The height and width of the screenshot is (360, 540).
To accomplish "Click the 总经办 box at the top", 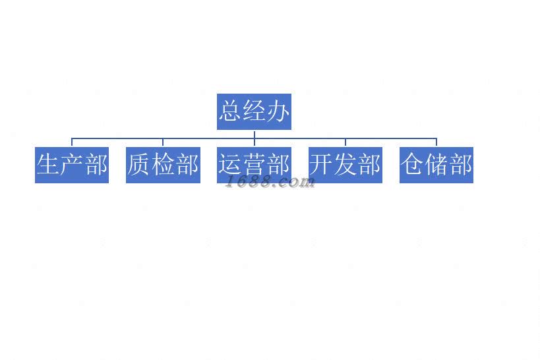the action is [x=254, y=111].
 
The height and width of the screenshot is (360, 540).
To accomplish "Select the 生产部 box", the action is [x=71, y=164].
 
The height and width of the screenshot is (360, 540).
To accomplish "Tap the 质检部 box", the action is [x=163, y=164].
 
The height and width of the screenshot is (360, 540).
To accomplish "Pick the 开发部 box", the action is [x=345, y=164].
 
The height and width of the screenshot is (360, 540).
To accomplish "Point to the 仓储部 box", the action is [x=436, y=164].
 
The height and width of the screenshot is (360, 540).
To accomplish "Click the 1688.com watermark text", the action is [x=270, y=183].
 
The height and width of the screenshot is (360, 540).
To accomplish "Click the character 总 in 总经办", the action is [x=230, y=111].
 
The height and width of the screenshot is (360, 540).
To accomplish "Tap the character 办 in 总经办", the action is [x=278, y=111].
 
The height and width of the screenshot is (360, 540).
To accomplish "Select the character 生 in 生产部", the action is [x=48, y=164].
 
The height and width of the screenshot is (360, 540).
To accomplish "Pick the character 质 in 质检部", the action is [x=139, y=164].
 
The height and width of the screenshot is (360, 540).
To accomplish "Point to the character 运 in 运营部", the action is [x=230, y=164].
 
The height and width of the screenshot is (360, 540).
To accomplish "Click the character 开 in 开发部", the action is [x=321, y=164].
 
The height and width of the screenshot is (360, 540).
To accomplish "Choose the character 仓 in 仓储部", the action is [x=413, y=164].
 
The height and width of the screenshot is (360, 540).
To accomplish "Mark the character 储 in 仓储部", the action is [x=436, y=164].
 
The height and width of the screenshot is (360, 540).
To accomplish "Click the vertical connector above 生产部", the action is [x=72, y=142].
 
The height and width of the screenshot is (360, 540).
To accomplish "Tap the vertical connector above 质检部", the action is [x=163, y=142].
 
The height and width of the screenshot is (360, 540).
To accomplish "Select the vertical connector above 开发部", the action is [x=345, y=142].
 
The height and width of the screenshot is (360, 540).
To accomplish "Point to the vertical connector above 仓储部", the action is [x=436, y=142].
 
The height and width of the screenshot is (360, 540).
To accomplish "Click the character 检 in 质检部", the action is [x=163, y=164].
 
